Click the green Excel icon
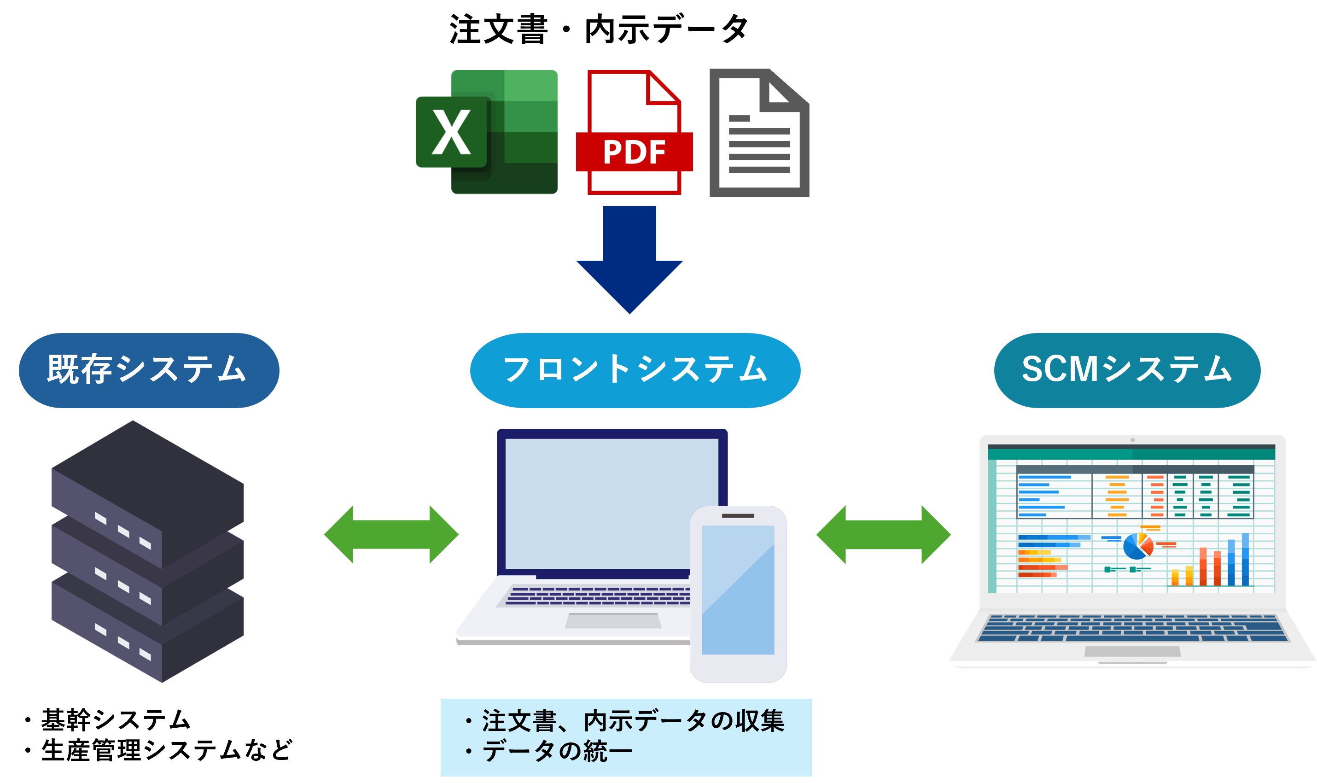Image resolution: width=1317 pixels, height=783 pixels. (507, 132)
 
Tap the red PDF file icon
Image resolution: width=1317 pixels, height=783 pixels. (634, 132)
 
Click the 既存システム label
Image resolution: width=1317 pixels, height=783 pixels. (149, 370)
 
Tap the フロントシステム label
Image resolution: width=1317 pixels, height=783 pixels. (635, 370)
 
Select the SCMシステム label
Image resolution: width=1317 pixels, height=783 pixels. (1127, 370)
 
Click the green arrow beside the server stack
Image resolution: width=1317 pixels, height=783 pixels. (391, 534)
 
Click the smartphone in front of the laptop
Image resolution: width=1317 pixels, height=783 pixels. (737, 593)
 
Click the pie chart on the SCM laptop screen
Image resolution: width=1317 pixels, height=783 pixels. (1138, 546)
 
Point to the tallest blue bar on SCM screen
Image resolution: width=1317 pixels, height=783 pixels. (1245, 559)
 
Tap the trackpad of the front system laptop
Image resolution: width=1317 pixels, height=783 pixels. (613, 620)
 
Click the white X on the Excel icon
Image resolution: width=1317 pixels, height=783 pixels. (451, 132)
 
